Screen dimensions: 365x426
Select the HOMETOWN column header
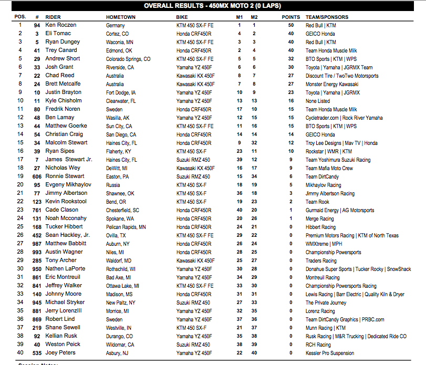121,17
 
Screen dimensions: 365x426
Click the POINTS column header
290,17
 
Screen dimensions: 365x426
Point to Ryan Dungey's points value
290,42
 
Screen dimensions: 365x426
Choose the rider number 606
37,176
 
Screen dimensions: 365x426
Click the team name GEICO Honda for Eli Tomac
320,34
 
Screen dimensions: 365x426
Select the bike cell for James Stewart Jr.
193,160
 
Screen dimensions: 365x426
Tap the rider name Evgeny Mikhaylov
66,185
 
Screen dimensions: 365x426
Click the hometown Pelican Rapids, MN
126,227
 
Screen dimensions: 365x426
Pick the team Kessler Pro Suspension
330,353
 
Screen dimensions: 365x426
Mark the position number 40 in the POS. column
20,353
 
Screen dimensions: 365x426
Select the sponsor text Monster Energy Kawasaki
332,84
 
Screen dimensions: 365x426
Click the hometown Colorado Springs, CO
128,59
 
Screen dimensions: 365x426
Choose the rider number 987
37,244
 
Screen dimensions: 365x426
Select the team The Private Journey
326,303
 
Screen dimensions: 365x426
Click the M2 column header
254,17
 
